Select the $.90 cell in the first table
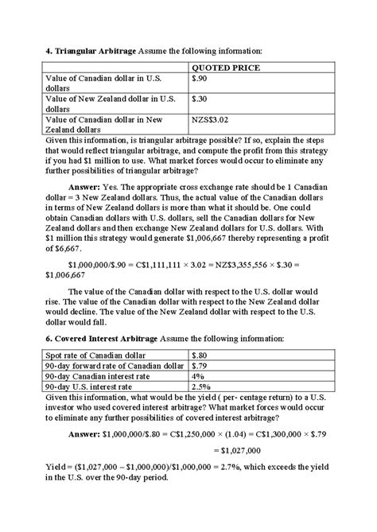tap(201, 80)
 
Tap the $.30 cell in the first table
tap(201, 99)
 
